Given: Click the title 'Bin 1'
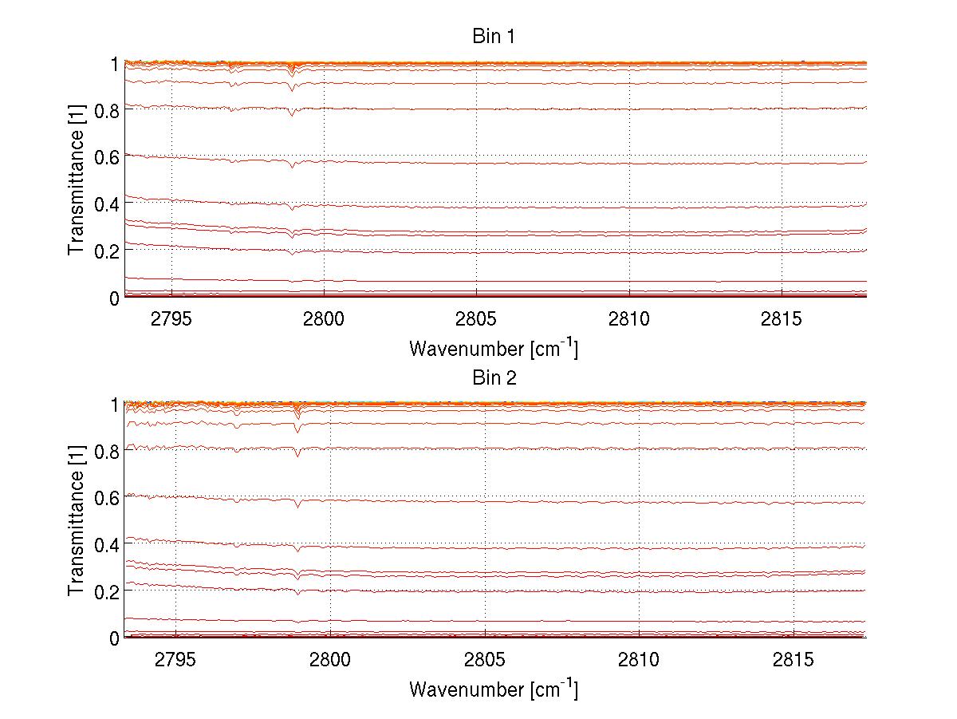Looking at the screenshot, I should [494, 37].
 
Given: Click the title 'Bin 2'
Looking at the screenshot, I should [494, 377].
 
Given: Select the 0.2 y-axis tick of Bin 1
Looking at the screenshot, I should [106, 251].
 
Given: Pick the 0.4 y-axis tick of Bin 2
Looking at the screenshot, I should [106, 544].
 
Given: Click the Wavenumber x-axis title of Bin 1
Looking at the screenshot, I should [494, 348].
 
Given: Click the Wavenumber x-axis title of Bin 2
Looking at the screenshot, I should [494, 689].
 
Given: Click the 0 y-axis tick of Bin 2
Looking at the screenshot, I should [114, 638].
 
